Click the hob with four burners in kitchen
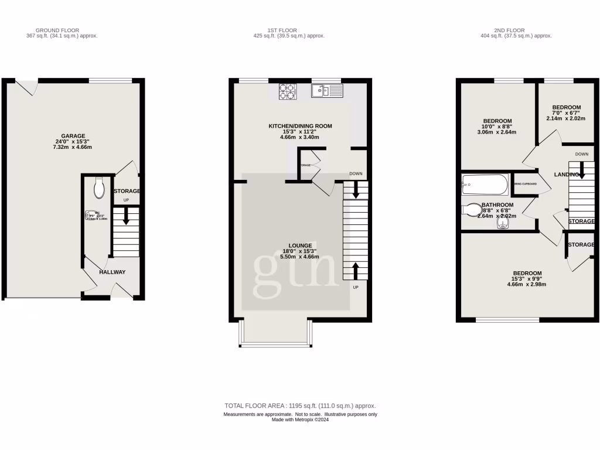[x=287, y=91]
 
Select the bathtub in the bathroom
[x=484, y=185]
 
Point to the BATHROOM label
[x=497, y=205]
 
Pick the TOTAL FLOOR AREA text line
[x=300, y=405]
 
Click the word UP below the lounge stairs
[x=355, y=287]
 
